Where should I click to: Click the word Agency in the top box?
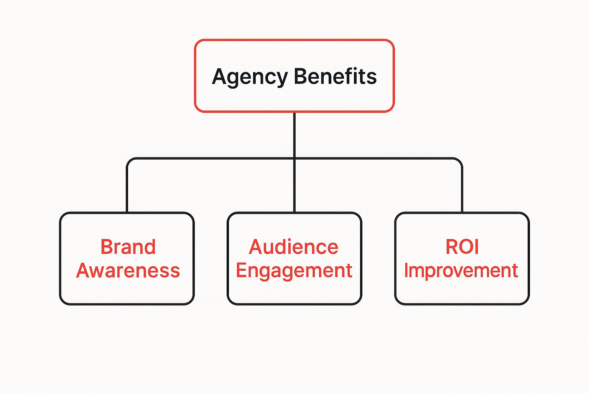pos(250,77)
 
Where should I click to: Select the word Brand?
pos(128,247)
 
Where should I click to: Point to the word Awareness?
pos(128,271)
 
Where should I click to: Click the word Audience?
pos(294,247)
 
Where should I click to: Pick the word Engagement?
pos(294,271)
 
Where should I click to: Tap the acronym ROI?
pos(462,247)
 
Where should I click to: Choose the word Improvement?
pos(461,271)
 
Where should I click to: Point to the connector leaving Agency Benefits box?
pos(294,134)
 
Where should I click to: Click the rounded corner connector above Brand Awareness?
pos(130,161)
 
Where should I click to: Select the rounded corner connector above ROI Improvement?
pos(459,161)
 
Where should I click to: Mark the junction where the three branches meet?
pos(294,158)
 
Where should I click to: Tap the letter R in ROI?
pos(451,247)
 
